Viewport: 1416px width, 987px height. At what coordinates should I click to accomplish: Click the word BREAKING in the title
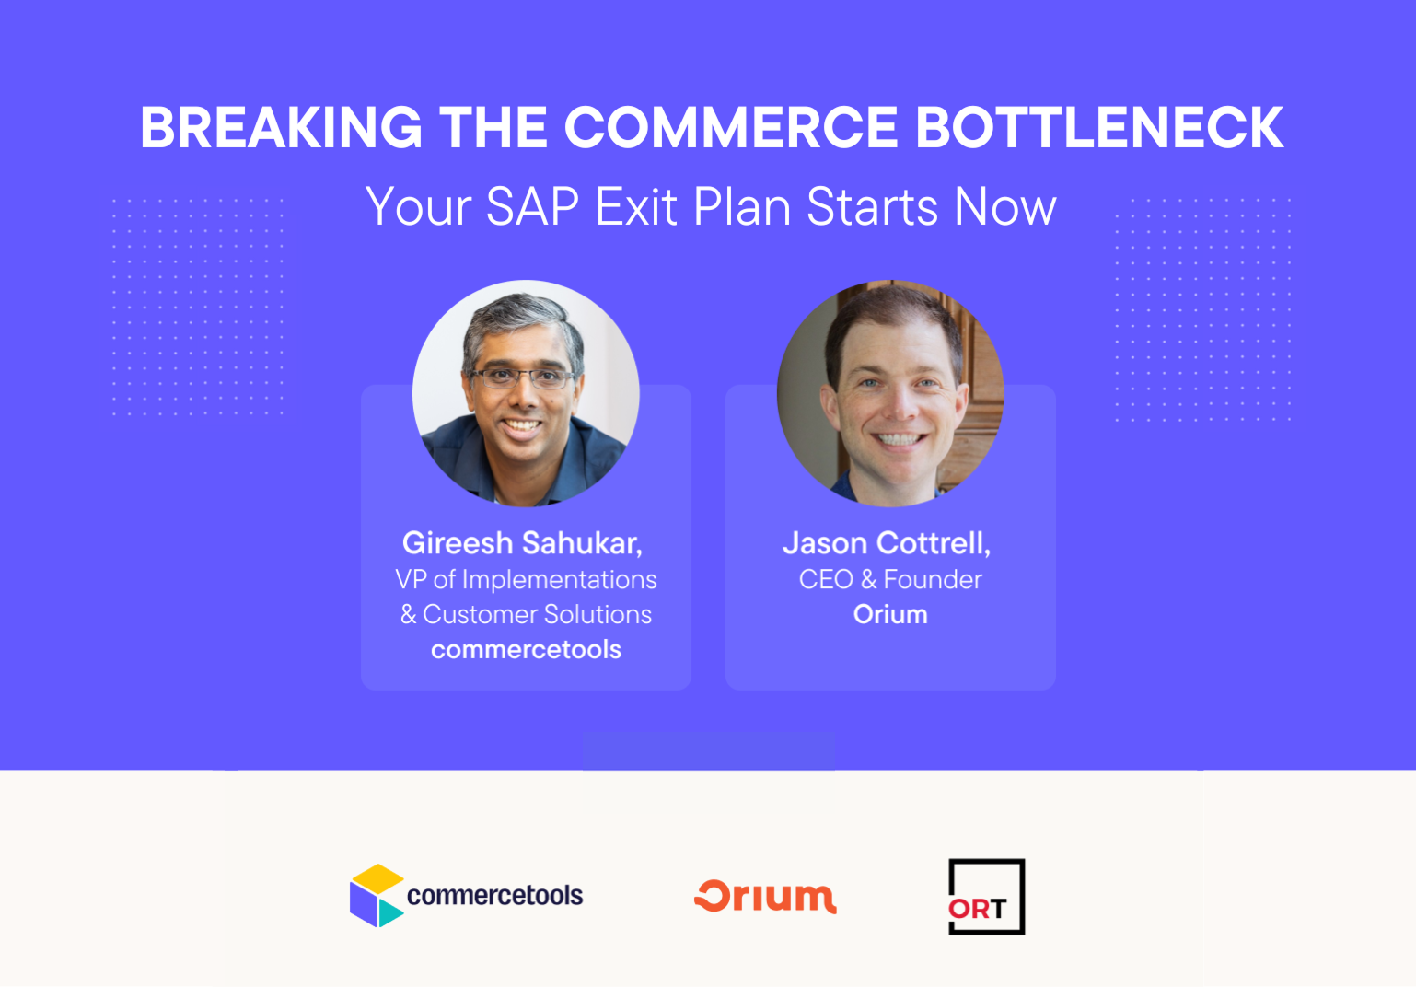(x=281, y=127)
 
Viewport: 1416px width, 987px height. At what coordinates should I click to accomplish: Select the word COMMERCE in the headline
(x=730, y=127)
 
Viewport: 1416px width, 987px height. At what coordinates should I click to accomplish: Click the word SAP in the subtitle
(x=531, y=207)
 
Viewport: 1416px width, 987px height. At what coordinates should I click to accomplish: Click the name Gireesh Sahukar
(x=522, y=543)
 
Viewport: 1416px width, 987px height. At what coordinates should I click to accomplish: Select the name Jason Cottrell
(x=886, y=543)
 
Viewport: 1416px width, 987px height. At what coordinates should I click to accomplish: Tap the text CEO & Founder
(x=890, y=579)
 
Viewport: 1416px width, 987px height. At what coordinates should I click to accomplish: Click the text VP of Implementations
(x=526, y=579)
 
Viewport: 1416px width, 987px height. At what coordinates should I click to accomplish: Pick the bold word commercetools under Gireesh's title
(x=526, y=650)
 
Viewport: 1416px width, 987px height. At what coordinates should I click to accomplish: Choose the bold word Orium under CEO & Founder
(x=890, y=614)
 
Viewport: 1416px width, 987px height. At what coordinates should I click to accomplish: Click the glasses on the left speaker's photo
(x=521, y=377)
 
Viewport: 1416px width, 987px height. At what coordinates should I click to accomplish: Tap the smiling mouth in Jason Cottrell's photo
(x=899, y=439)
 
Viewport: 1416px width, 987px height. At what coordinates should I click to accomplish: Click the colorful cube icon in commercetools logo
(x=376, y=895)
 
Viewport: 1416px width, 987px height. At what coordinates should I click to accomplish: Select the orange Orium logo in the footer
(x=765, y=896)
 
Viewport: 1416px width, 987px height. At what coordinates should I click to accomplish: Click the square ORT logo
(x=986, y=897)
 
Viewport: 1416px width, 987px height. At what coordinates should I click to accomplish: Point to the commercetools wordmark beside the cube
(x=494, y=895)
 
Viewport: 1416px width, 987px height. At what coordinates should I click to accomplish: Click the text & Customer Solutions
(x=526, y=614)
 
